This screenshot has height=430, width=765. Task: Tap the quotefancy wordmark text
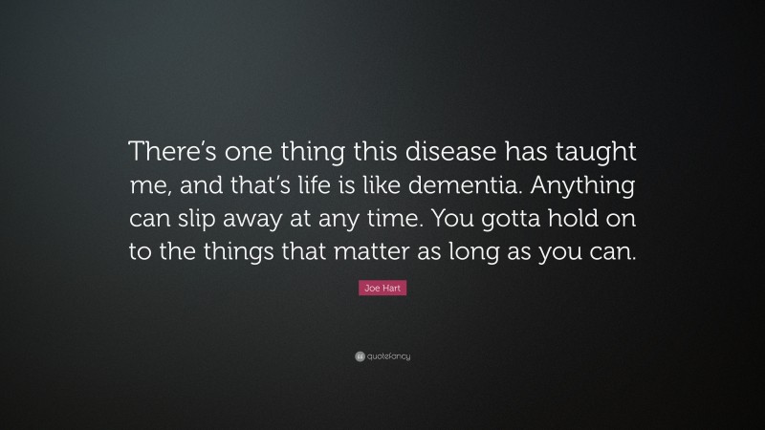click(x=389, y=356)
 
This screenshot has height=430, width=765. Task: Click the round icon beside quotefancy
click(x=360, y=356)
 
